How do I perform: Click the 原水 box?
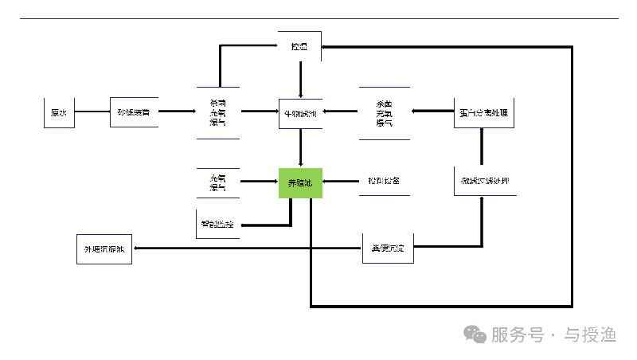point(58,113)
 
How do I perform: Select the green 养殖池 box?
point(300,183)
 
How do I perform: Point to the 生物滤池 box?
point(299,113)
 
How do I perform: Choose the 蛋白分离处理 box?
point(483,113)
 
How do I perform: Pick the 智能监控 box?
point(217,226)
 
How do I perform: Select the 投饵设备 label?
point(383,182)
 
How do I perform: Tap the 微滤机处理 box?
point(483,182)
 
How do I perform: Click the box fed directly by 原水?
point(133,113)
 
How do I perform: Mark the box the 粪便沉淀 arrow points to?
point(104,249)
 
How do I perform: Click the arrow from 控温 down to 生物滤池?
point(299,80)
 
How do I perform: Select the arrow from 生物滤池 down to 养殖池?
point(299,147)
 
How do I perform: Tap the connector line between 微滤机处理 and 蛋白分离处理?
point(483,147)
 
